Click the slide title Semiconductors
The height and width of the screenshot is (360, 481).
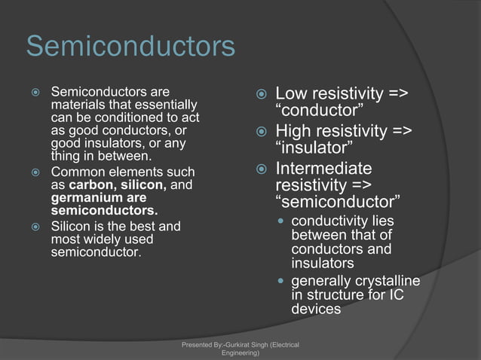pyautogui.click(x=130, y=47)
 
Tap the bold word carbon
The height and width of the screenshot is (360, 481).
pyautogui.click(x=90, y=185)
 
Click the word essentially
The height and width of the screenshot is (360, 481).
pyautogui.click(x=165, y=105)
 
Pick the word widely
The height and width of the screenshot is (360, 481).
pyautogui.click(x=109, y=239)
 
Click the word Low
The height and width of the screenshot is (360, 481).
pyautogui.click(x=291, y=95)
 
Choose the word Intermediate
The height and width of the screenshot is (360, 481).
pyautogui.click(x=324, y=167)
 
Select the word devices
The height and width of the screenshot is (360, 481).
pyautogui.click(x=315, y=309)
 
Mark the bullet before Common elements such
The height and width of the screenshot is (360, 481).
pyautogui.click(x=35, y=172)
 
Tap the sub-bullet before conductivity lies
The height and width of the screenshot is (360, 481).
pyautogui.click(x=280, y=221)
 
